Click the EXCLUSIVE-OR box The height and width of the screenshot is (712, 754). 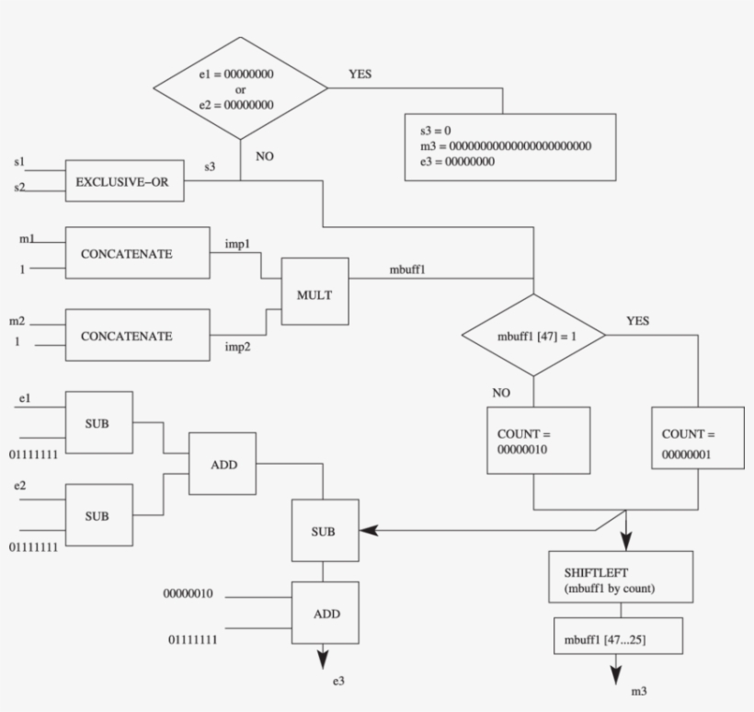[124, 180]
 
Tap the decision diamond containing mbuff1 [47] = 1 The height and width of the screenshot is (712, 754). [533, 336]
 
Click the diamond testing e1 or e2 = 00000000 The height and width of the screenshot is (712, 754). [239, 88]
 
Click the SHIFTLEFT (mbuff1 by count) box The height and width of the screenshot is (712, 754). [620, 577]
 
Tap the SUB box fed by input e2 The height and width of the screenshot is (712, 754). [97, 516]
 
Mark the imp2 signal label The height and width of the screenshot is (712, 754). [239, 348]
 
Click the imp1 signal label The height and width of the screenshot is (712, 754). [239, 245]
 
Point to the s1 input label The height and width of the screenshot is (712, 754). [19, 162]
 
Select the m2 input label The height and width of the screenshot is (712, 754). [17, 323]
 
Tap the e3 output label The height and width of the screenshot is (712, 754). [339, 682]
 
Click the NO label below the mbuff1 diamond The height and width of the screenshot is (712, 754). [501, 393]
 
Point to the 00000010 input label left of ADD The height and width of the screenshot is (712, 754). [188, 594]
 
